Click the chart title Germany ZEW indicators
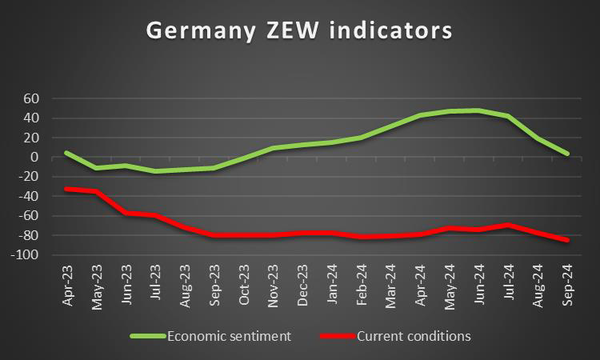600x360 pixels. coord(299,30)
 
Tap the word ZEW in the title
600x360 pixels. coord(302,30)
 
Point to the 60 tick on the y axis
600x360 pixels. coord(32,98)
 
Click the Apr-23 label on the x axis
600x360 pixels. coord(69,286)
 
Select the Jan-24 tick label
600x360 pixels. coord(332,286)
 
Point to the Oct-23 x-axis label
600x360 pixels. coord(245,286)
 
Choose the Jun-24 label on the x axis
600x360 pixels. coord(478,286)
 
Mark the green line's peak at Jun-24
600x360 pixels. coord(478,110)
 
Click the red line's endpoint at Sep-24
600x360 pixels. coord(566,240)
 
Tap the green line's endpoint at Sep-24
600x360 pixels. coord(566,154)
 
